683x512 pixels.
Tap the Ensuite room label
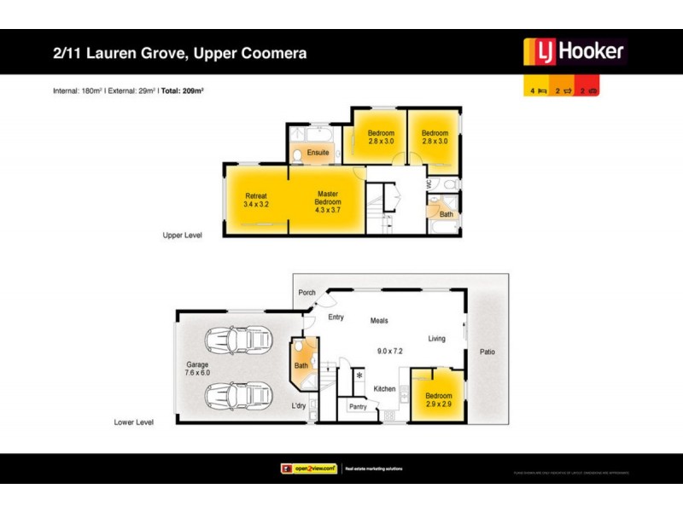(x=318, y=153)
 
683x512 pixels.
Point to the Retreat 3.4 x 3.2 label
(x=256, y=201)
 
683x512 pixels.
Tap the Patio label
(x=487, y=352)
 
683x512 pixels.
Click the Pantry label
(x=358, y=407)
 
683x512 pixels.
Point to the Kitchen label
(x=384, y=389)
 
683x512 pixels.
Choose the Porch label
(x=306, y=293)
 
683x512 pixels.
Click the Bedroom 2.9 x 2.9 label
(x=439, y=400)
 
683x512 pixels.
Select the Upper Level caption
(x=183, y=235)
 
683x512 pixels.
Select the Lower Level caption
(x=134, y=422)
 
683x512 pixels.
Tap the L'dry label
(x=298, y=405)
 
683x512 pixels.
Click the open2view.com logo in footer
(x=308, y=468)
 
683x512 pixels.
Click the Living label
(x=436, y=339)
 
